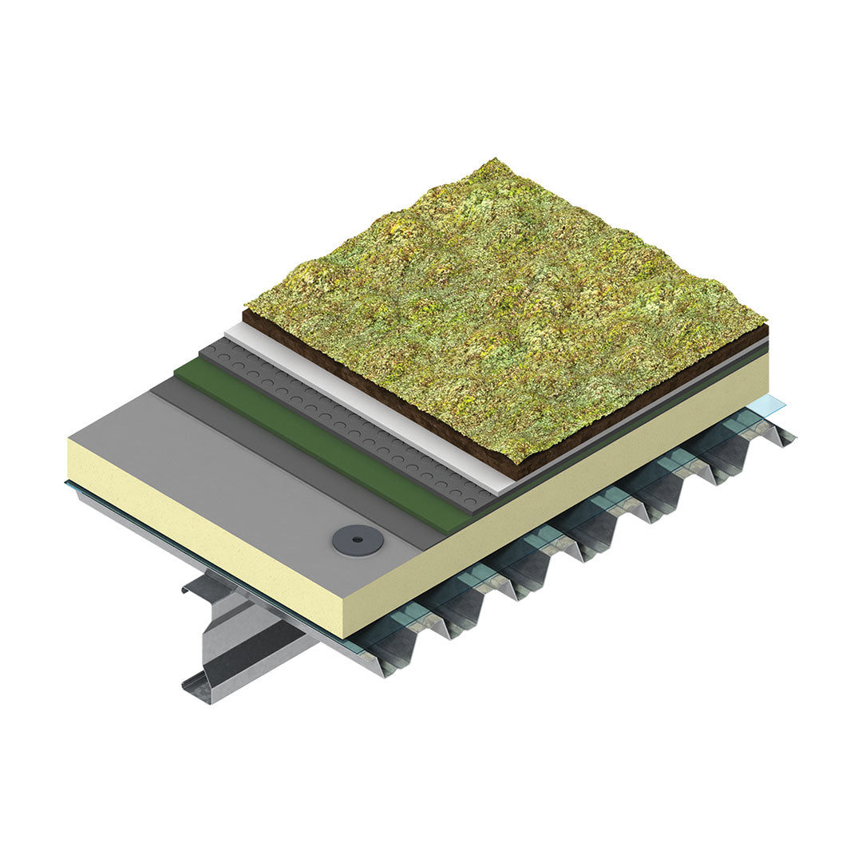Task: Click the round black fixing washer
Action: click(x=358, y=540)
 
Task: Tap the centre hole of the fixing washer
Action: click(x=358, y=540)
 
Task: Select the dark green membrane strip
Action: click(x=319, y=447)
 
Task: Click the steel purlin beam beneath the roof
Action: click(x=239, y=639)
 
